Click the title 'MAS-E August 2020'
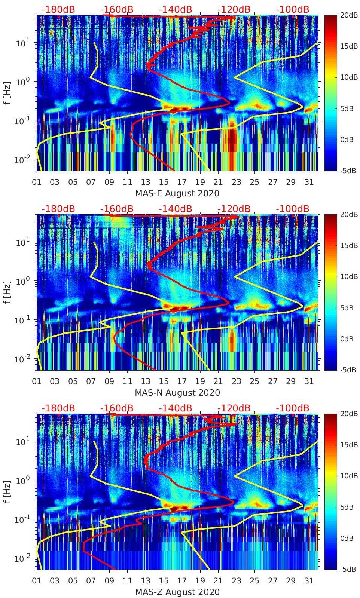point(177,193)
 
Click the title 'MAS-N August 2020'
point(177,393)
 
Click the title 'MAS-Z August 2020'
point(177,592)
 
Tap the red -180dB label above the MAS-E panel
point(58,9)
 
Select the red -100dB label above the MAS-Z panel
point(293,408)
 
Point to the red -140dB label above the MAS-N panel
point(175,209)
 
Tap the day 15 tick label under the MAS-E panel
point(164,182)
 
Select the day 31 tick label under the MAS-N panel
point(309,381)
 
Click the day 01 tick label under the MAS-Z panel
point(37,581)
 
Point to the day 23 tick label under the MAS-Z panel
point(236,581)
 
